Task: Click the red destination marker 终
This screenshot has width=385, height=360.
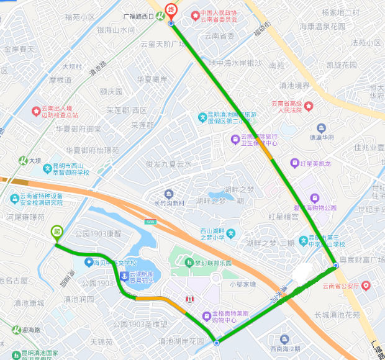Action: click(171, 11)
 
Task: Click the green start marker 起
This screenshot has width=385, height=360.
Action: click(57, 232)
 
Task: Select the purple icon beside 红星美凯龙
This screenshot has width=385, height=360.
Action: click(294, 163)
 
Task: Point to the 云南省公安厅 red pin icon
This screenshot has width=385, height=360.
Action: click(366, 286)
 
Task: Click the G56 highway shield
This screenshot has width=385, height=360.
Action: click(150, 221)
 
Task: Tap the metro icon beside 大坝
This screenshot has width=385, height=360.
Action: click(22, 161)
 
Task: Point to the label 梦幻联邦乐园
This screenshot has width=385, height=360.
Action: click(211, 263)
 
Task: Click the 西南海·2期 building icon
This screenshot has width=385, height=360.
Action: click(284, 339)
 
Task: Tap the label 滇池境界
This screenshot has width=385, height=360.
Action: click(294, 86)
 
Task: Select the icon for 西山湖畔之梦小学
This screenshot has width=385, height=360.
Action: click(231, 233)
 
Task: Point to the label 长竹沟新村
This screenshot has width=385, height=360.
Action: click(170, 204)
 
